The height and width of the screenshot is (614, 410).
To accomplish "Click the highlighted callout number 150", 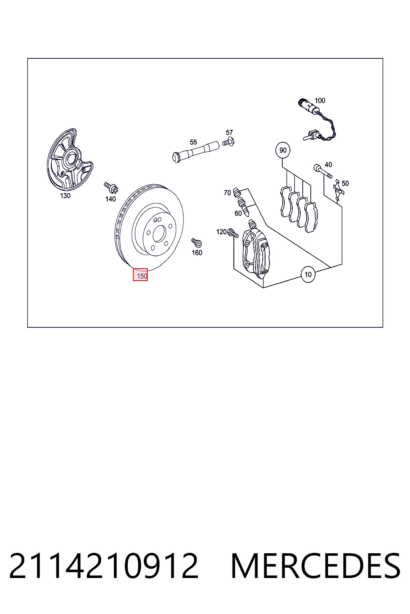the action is [140, 275].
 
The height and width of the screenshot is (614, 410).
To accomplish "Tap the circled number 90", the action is [283, 150].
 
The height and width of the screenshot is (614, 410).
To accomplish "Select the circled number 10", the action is [308, 274].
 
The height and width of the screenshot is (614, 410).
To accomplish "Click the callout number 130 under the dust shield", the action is [65, 196].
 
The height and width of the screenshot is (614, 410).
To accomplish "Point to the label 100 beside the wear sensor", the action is [320, 101].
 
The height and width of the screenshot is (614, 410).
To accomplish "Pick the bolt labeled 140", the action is [111, 187].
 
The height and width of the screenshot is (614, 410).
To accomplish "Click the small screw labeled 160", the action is [197, 243].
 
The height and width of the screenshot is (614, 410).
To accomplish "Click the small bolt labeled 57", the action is [228, 142].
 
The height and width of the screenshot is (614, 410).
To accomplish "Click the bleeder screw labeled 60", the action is [243, 206].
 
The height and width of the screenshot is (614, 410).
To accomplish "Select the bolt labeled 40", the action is [323, 171].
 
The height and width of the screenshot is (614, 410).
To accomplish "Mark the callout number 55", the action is [193, 142].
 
